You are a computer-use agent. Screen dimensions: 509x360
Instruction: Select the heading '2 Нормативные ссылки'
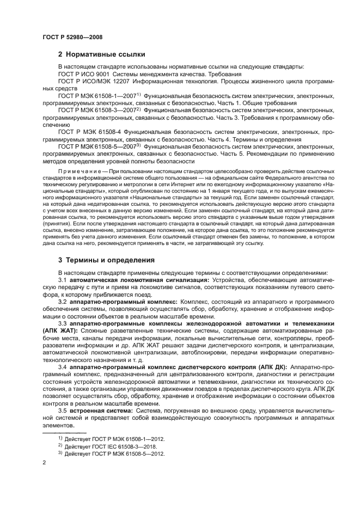101,54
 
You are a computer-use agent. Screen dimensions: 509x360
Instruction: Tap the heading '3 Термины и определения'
106,260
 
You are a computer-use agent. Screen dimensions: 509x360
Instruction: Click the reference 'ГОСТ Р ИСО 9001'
83,74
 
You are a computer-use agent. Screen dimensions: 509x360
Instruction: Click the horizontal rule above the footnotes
60,431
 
